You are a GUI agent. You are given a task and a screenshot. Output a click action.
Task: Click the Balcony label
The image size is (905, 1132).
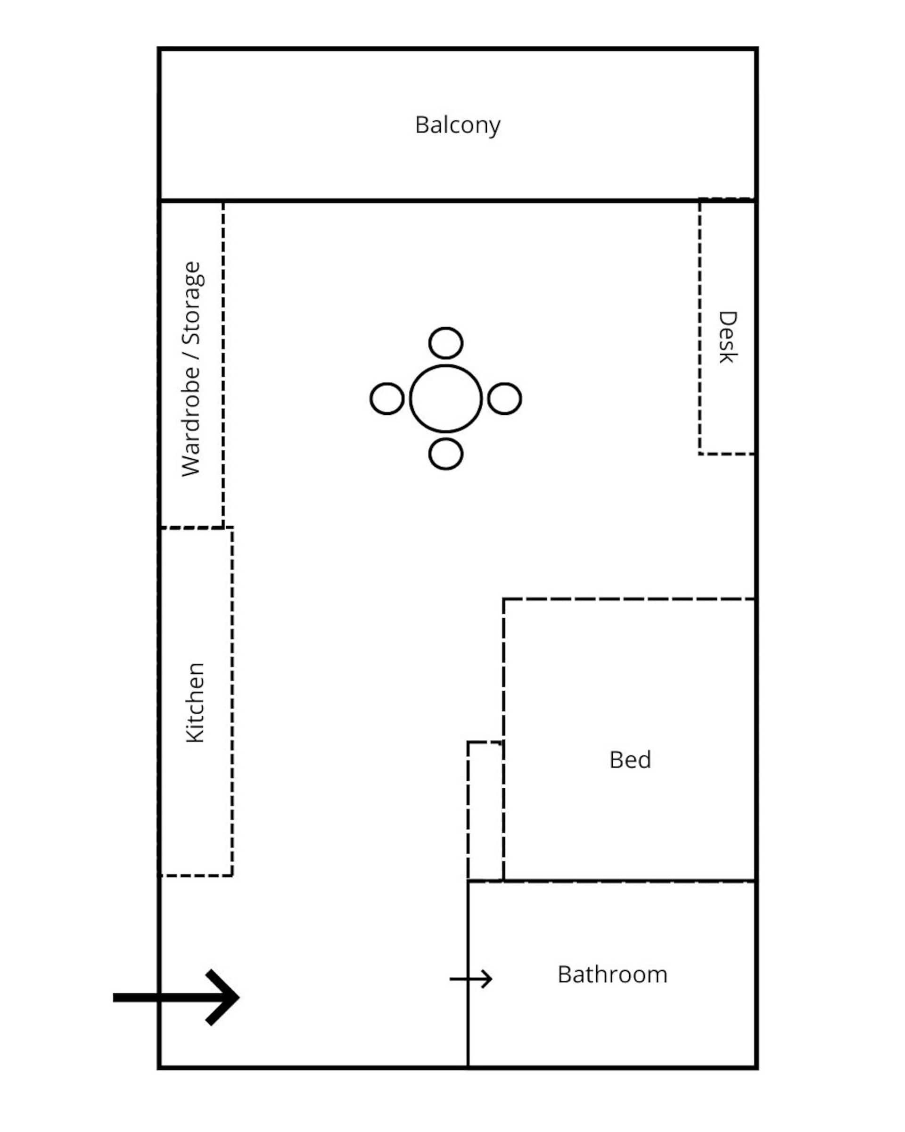click(x=457, y=125)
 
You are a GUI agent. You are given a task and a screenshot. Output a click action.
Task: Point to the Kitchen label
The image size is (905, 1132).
click(x=195, y=702)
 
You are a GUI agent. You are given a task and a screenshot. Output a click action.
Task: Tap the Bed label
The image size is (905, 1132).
click(x=630, y=760)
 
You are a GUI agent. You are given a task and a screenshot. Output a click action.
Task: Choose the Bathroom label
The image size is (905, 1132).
click(x=612, y=975)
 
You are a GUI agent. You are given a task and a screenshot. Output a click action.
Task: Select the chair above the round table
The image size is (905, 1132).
click(x=446, y=343)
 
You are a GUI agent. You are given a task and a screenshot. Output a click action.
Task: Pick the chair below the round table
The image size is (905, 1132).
click(x=446, y=454)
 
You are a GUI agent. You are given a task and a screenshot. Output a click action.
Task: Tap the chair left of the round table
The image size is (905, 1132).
click(x=387, y=398)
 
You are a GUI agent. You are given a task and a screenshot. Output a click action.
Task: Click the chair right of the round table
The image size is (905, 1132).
click(x=504, y=398)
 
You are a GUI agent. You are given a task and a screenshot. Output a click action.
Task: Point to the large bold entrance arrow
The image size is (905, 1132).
click(x=176, y=998)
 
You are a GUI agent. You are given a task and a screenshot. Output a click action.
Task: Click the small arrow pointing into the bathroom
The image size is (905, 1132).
click(x=471, y=979)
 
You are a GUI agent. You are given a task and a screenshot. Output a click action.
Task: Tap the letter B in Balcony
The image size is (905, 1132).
click(x=421, y=125)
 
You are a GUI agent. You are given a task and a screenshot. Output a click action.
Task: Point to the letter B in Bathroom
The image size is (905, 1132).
click(x=564, y=975)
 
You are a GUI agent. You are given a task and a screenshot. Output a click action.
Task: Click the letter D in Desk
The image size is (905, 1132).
click(x=728, y=318)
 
